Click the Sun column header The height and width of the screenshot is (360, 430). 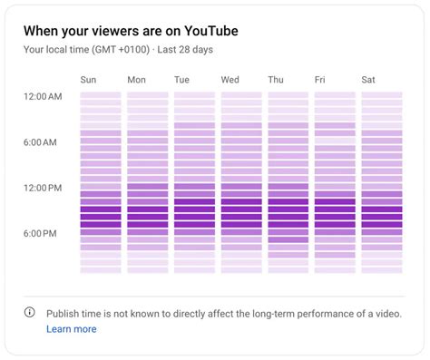[89, 80]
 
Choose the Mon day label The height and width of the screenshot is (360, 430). [136, 80]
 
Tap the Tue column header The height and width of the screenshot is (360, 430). [182, 80]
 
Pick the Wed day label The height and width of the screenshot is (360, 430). [230, 80]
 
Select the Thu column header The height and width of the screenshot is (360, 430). [276, 80]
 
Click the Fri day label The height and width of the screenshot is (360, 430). [320, 80]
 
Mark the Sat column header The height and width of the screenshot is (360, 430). [368, 80]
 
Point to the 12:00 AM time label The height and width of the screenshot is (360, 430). [43, 96]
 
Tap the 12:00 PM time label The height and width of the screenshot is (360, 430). [43, 188]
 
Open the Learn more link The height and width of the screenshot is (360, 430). [71, 329]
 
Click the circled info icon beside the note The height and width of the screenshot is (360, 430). [29, 313]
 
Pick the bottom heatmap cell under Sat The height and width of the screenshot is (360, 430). [381, 270]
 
